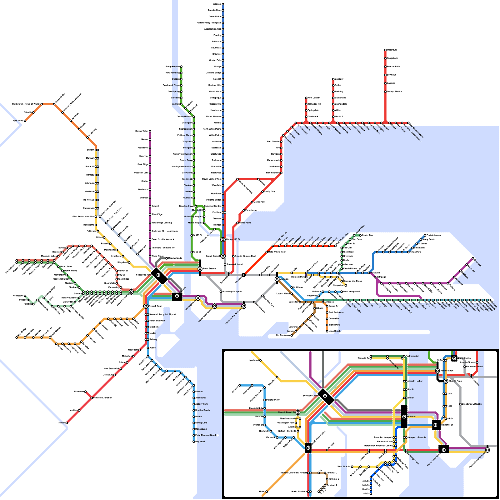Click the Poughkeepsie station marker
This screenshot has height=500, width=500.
pos(181,67)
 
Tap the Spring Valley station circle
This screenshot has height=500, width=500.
pos(150,131)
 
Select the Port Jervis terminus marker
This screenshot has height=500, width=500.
pos(25,121)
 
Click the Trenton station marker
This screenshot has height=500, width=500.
pos(67,423)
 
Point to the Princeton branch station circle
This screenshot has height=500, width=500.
pos(85,392)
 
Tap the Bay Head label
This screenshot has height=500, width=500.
pos(200,442)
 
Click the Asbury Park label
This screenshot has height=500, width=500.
pos(201,404)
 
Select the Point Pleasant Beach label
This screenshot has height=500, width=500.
pos(206,435)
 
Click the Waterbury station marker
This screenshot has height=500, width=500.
pos(385,50)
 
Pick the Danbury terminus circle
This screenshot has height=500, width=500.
pos(333,79)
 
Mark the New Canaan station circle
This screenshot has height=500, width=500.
pos(306,98)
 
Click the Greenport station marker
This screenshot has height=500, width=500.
pos(473,258)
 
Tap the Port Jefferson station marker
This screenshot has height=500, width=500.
pos(425,235)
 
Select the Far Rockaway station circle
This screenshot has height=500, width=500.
pos(292,335)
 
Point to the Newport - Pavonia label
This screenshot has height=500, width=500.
pos(417,437)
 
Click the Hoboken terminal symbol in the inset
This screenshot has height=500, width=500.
pos(404,417)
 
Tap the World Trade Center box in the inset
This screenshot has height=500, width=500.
pos(443,450)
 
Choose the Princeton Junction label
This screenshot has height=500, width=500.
pos(103,398)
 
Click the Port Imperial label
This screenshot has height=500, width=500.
pos(412,356)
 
